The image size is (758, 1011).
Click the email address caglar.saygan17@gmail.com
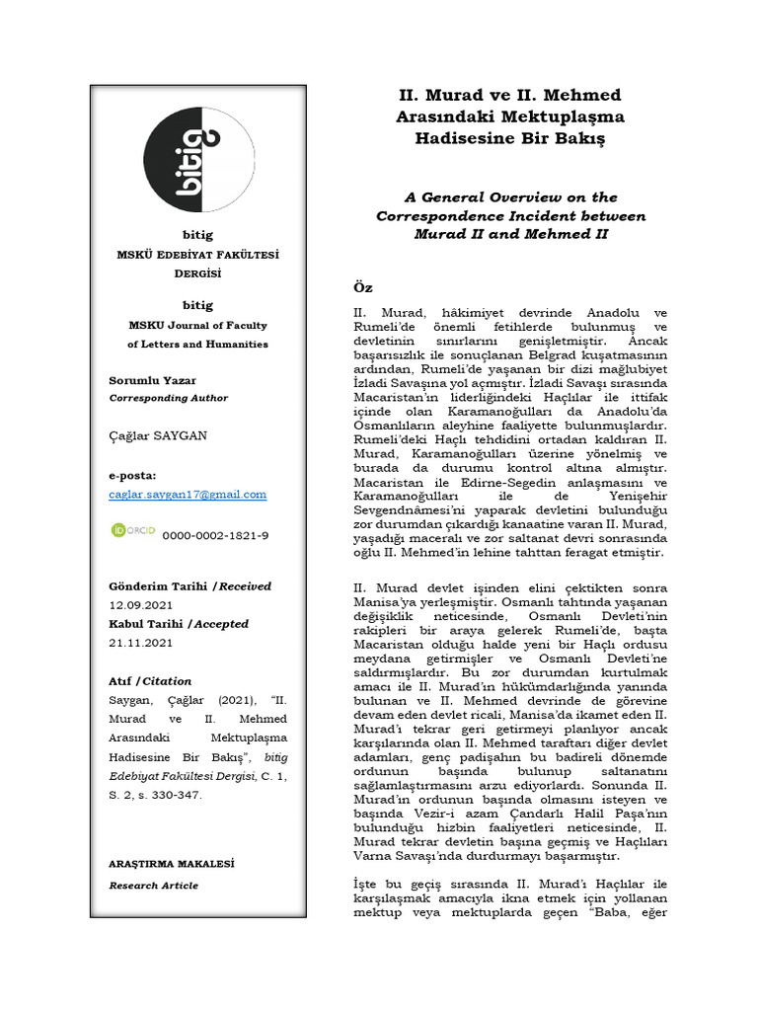pyautogui.click(x=188, y=494)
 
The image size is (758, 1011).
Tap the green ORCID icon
pyautogui.click(x=131, y=532)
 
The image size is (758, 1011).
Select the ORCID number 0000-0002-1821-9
pyautogui.click(x=215, y=535)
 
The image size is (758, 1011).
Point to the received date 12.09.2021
pyautogui.click(x=140, y=604)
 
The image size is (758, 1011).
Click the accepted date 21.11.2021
pyautogui.click(x=140, y=642)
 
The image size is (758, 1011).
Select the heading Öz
pyautogui.click(x=362, y=286)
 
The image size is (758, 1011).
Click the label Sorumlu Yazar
pyautogui.click(x=152, y=380)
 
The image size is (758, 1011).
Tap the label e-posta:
pyautogui.click(x=132, y=475)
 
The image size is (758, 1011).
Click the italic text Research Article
pyautogui.click(x=153, y=886)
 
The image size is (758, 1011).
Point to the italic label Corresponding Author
pyautogui.click(x=168, y=398)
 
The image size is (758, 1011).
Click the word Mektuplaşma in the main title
pyautogui.click(x=566, y=117)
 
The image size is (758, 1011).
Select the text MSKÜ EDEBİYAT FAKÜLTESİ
pyautogui.click(x=197, y=255)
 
